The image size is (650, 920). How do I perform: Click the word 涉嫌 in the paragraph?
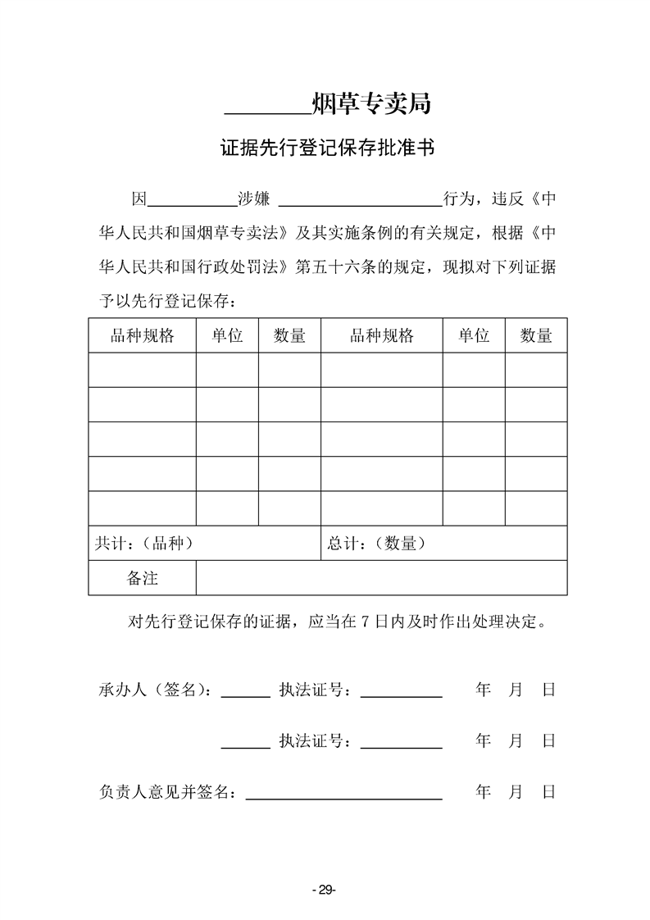pos(253,199)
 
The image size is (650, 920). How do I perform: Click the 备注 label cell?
pos(142,578)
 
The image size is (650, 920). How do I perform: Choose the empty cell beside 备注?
pos(381,578)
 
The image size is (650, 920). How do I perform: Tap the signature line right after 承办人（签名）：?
pos(246,695)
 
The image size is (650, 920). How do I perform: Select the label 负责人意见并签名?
pos(166,793)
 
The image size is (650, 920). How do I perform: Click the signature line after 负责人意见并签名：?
pos(344,796)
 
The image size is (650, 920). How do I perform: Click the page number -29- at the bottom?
pos(325,890)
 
